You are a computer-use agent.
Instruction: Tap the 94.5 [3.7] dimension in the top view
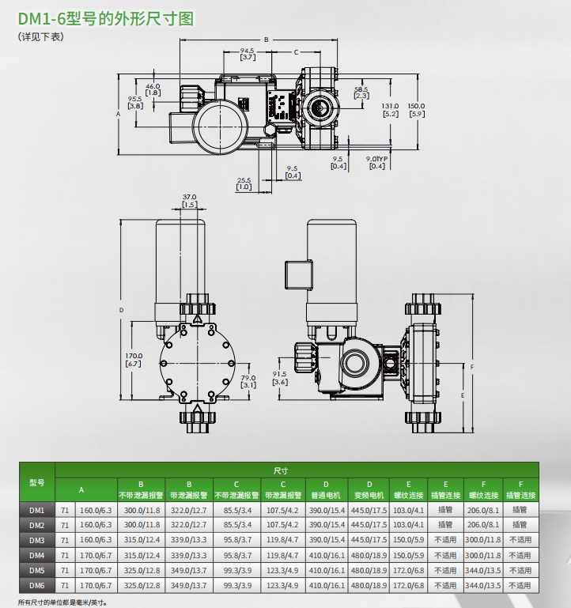(248, 54)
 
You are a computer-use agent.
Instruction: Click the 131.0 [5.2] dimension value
(391, 110)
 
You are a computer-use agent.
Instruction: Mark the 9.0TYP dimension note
(376, 162)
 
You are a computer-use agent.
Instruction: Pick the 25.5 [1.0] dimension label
(244, 183)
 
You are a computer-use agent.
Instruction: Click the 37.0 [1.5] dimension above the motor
(189, 201)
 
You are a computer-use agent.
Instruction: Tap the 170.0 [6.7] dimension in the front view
(134, 359)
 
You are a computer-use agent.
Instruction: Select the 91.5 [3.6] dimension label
(279, 379)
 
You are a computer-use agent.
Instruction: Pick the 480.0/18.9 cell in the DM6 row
(369, 585)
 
